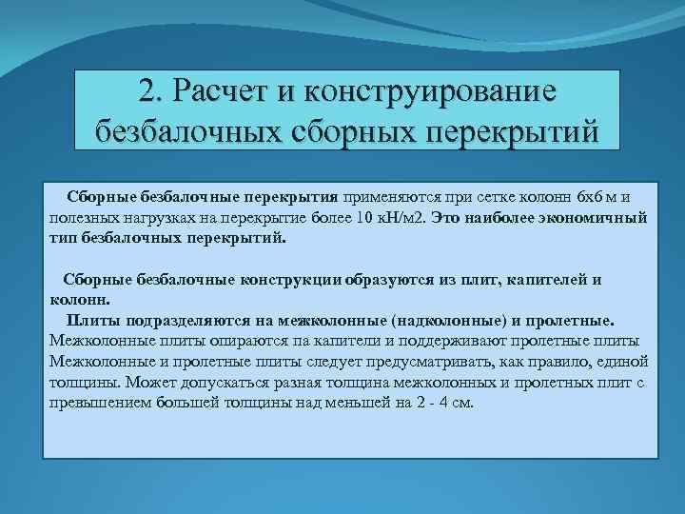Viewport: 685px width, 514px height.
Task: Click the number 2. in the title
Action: (150, 92)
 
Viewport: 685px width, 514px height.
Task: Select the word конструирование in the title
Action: (440, 92)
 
